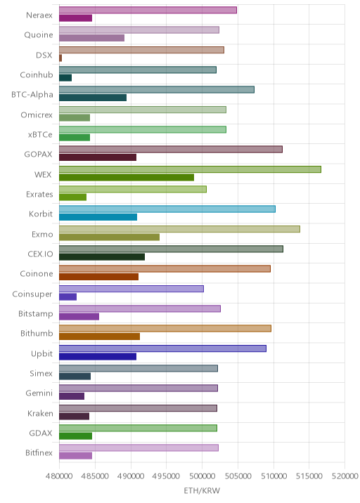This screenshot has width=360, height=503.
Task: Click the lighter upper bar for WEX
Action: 190,169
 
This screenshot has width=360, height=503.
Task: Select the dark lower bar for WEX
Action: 127,178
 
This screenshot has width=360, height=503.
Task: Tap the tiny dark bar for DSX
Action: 60,58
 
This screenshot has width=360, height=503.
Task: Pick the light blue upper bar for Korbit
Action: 167,209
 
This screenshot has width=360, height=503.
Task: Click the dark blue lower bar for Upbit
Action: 98,356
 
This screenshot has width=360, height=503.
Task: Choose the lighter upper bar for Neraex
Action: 148,10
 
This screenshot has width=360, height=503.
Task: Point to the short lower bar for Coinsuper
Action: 67,296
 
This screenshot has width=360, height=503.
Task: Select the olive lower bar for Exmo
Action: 109,237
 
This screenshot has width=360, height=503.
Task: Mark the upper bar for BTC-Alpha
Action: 157,89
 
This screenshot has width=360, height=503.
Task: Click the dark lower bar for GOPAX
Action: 98,157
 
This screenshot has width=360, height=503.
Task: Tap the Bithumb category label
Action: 37,333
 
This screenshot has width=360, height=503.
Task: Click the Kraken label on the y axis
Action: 40,413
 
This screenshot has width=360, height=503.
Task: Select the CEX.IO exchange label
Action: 40,254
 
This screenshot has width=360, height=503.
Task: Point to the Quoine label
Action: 39,34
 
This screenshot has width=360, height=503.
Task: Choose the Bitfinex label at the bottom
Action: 39,452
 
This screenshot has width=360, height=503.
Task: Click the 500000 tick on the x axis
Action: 202,476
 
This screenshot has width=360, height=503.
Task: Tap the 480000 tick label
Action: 59,476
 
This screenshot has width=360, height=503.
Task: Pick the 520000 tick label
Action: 345,476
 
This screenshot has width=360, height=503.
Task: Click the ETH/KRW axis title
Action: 202,490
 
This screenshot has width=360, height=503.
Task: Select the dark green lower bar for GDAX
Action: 75,436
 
